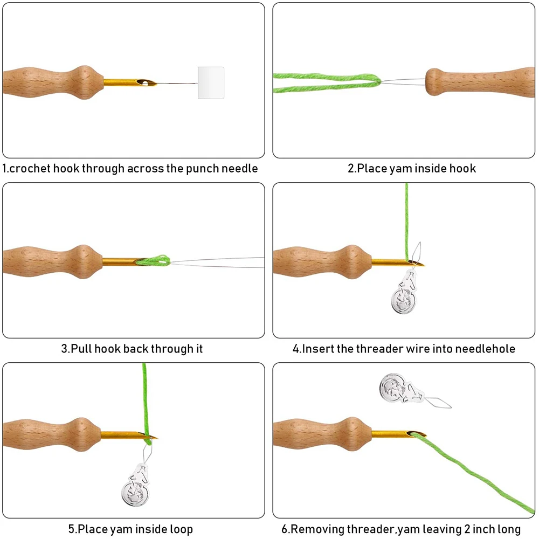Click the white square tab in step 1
coord(211,83)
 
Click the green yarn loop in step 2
coord(326,82)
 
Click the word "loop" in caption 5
coord(179,529)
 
